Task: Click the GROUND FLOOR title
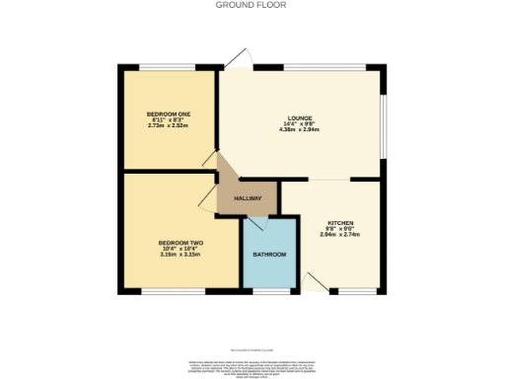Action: pyautogui.click(x=252, y=4)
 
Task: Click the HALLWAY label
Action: pyautogui.click(x=247, y=198)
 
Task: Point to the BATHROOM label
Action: pyautogui.click(x=268, y=255)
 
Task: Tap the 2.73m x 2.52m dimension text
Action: pyautogui.click(x=168, y=125)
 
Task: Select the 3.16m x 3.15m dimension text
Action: pyautogui.click(x=180, y=254)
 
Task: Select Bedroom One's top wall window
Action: pyautogui.click(x=167, y=68)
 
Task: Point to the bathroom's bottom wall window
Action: pyautogui.click(x=268, y=292)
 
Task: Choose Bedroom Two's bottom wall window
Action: pyautogui.click(x=180, y=292)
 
